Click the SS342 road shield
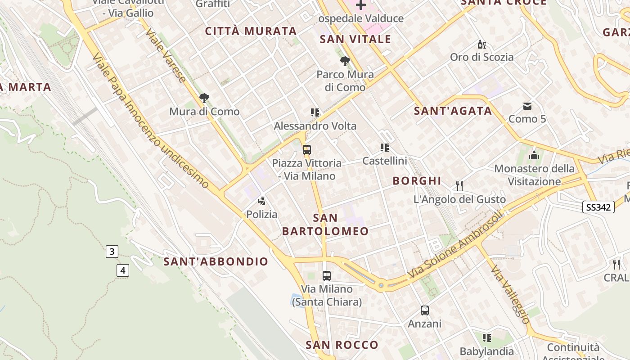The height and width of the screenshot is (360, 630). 598,207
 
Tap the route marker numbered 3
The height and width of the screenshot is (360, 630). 112,251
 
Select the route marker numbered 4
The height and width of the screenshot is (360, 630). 122,270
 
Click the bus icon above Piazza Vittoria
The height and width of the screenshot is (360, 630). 307,150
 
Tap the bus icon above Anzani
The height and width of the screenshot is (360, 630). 425,310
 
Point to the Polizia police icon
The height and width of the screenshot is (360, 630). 262,201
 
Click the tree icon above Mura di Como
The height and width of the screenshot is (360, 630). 204,98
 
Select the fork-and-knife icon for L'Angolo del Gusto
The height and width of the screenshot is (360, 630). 459,185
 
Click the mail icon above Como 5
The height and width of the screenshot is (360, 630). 527,106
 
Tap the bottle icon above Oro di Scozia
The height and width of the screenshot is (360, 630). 481,44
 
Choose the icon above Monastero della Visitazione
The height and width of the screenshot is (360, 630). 534,155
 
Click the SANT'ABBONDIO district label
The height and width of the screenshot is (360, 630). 216,261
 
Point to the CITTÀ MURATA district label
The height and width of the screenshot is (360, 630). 251,31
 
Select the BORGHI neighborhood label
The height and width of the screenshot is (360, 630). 417,181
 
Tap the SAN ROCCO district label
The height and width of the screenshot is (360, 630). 342,345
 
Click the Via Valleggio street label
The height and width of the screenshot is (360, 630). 510,294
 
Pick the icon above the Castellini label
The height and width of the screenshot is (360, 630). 384,147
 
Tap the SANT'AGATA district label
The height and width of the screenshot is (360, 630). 453,111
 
